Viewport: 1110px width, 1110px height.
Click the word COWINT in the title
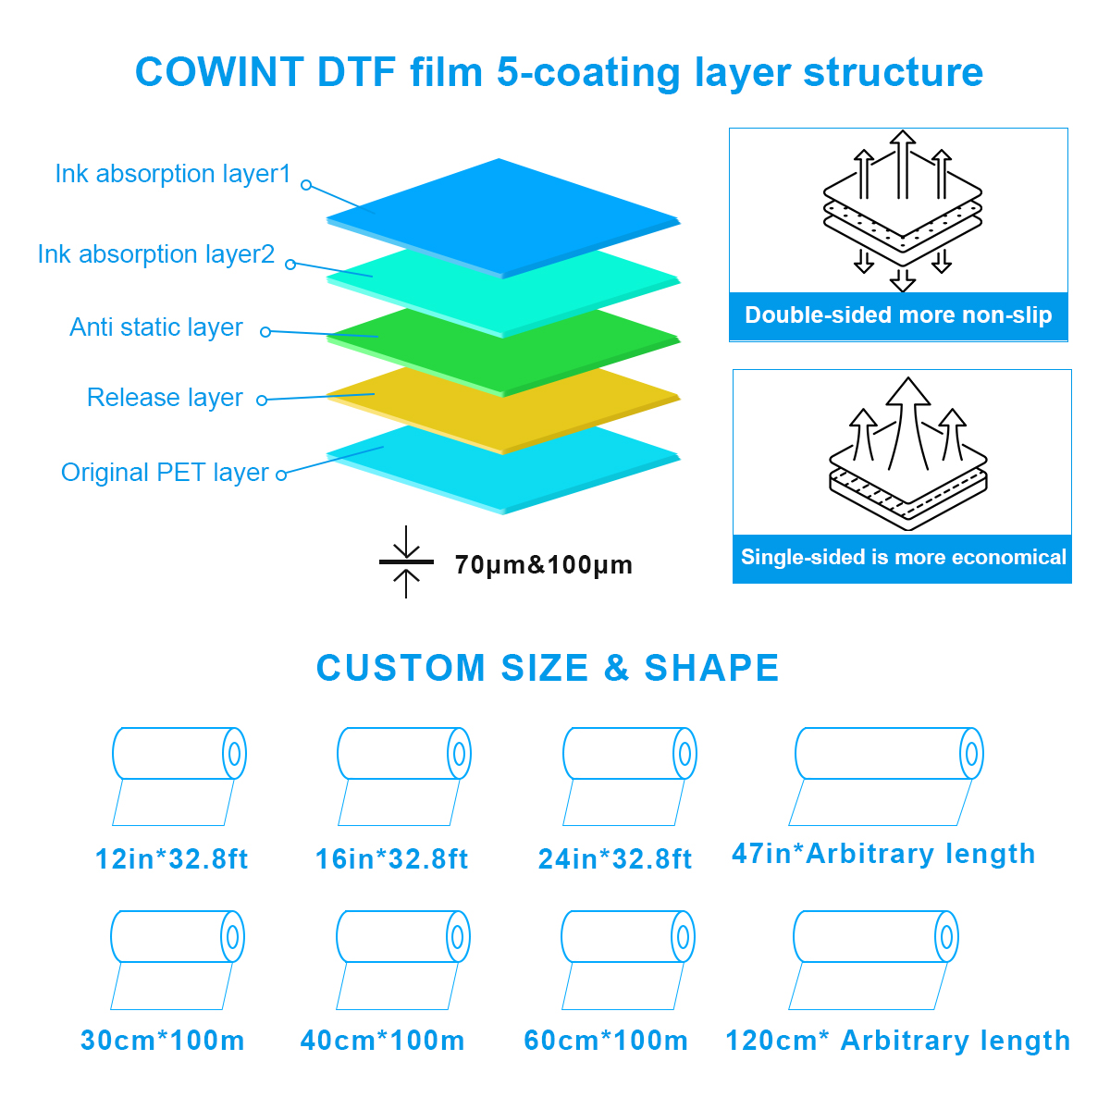point(219,72)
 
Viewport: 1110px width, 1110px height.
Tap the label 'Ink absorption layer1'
point(173,174)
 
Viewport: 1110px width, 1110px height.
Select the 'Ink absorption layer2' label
point(156,254)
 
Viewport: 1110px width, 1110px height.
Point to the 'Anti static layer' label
point(156,327)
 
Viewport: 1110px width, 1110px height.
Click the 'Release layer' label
point(165,398)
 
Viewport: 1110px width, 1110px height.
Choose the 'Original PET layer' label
point(165,473)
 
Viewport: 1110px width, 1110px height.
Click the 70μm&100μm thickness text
point(543,565)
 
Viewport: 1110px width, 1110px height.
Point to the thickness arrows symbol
point(406,561)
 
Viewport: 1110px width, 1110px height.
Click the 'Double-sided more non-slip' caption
point(898,315)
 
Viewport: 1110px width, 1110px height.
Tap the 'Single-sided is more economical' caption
point(903,557)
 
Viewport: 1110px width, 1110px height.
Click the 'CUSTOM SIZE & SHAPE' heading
point(548,668)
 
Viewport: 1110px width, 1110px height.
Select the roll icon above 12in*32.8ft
point(179,776)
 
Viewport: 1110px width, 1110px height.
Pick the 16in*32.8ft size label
point(391,858)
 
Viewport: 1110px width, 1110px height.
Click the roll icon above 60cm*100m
point(628,959)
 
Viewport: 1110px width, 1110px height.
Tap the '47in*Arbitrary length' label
point(883,854)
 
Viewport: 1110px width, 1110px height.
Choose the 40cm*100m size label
point(382,1041)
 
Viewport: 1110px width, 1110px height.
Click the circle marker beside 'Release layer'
point(262,401)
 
